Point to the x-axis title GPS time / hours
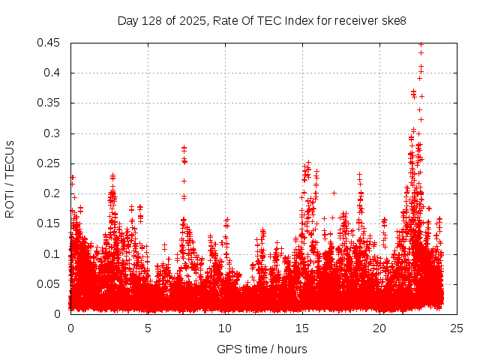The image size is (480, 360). click(x=262, y=349)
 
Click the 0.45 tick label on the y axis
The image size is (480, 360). click(x=50, y=43)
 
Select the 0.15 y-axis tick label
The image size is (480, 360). click(x=50, y=223)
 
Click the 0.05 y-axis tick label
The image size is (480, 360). click(x=50, y=284)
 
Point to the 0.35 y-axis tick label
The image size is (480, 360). click(x=50, y=103)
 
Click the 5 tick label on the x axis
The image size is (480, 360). click(x=148, y=328)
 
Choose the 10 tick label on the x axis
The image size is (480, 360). click(x=225, y=328)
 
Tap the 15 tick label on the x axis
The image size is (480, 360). click(x=302, y=328)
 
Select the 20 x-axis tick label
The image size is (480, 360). click(x=379, y=328)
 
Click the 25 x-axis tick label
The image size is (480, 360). click(x=457, y=328)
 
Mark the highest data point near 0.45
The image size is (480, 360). click(x=421, y=44)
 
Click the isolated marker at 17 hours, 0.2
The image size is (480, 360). click(x=334, y=193)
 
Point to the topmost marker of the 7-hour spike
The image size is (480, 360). click(x=184, y=148)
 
